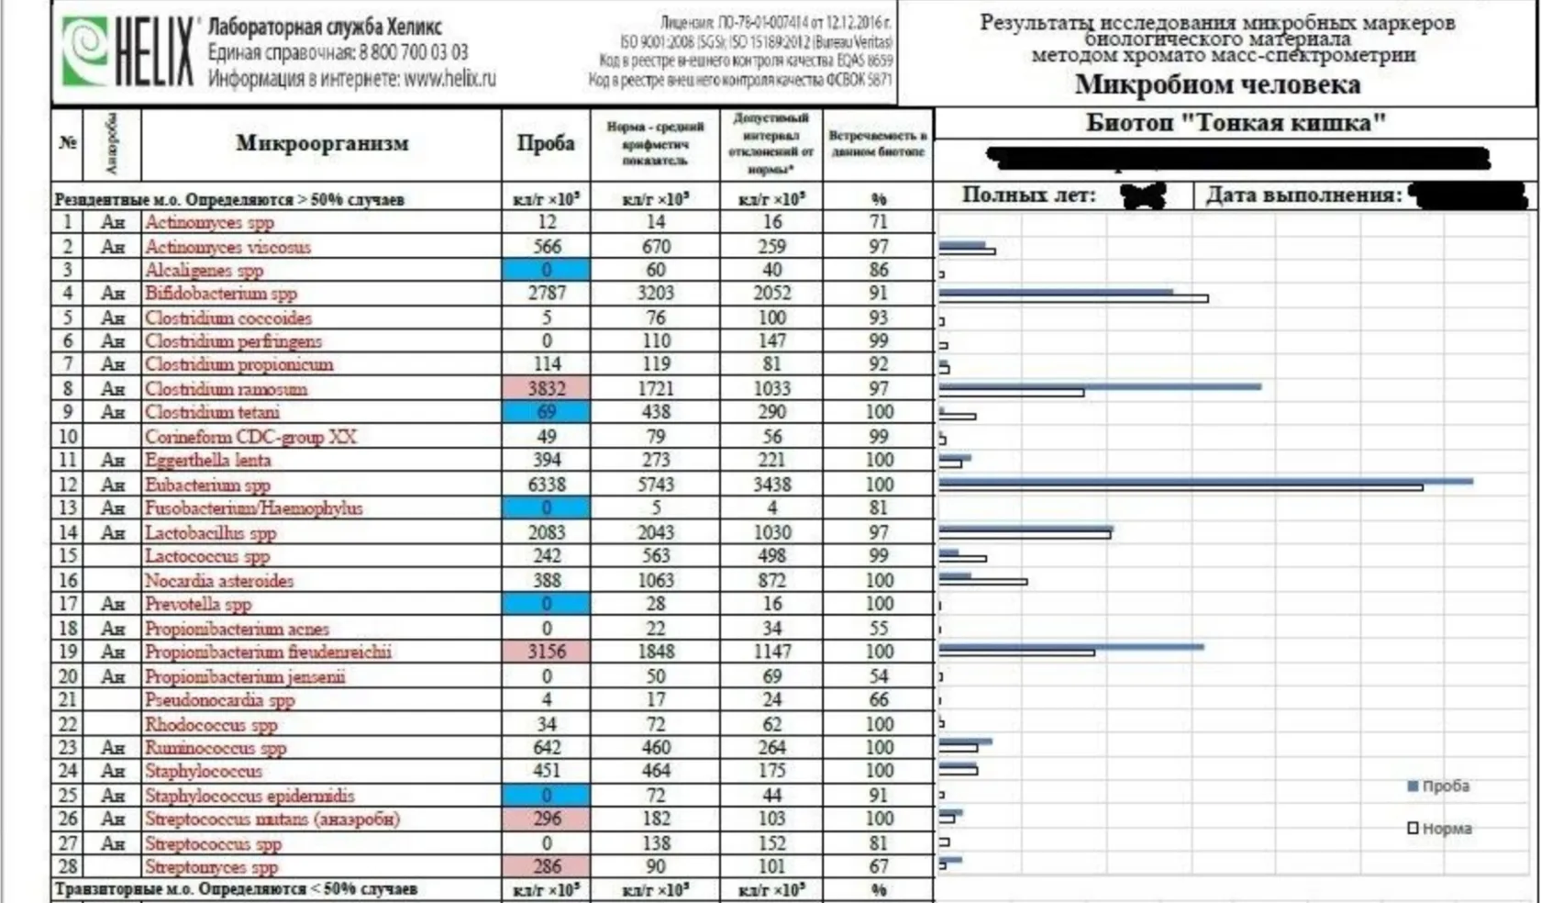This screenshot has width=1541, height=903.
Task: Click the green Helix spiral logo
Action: (83, 51)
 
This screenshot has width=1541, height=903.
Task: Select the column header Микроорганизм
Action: (322, 143)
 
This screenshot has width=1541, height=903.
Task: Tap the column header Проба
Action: (546, 143)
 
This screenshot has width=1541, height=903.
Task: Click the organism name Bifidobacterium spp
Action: (220, 294)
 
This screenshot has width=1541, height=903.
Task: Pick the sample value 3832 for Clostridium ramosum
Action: (547, 388)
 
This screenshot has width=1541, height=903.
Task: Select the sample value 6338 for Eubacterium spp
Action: (547, 485)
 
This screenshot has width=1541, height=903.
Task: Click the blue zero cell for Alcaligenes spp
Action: (547, 270)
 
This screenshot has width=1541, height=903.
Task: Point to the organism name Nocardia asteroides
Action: (218, 581)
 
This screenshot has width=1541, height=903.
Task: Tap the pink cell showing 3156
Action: (547, 652)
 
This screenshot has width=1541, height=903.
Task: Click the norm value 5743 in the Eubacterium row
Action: (656, 485)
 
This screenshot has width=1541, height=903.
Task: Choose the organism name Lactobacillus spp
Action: (210, 533)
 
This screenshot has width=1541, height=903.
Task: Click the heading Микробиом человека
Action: (1217, 85)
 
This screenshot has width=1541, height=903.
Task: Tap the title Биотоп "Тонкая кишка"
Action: (1236, 123)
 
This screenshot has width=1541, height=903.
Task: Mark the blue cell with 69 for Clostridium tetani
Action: (547, 412)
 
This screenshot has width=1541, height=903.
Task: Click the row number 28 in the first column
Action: (68, 866)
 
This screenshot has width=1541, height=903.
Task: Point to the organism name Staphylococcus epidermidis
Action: (249, 796)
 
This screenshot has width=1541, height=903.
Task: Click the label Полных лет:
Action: (1028, 195)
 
